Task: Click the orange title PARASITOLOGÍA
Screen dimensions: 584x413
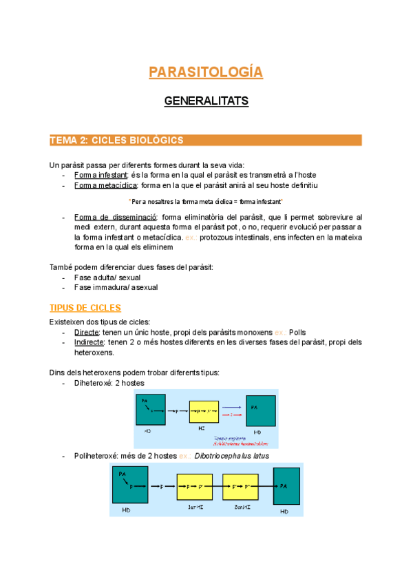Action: click(206, 72)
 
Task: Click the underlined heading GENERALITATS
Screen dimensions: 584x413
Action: click(206, 101)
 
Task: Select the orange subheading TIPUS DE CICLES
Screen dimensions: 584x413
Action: click(85, 308)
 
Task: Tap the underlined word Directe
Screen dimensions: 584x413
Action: click(87, 332)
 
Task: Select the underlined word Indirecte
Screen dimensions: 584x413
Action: click(90, 342)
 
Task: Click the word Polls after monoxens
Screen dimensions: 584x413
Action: click(297, 332)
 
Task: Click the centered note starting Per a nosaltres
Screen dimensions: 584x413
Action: click(206, 201)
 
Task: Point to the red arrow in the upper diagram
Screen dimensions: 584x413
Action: click(234, 416)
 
